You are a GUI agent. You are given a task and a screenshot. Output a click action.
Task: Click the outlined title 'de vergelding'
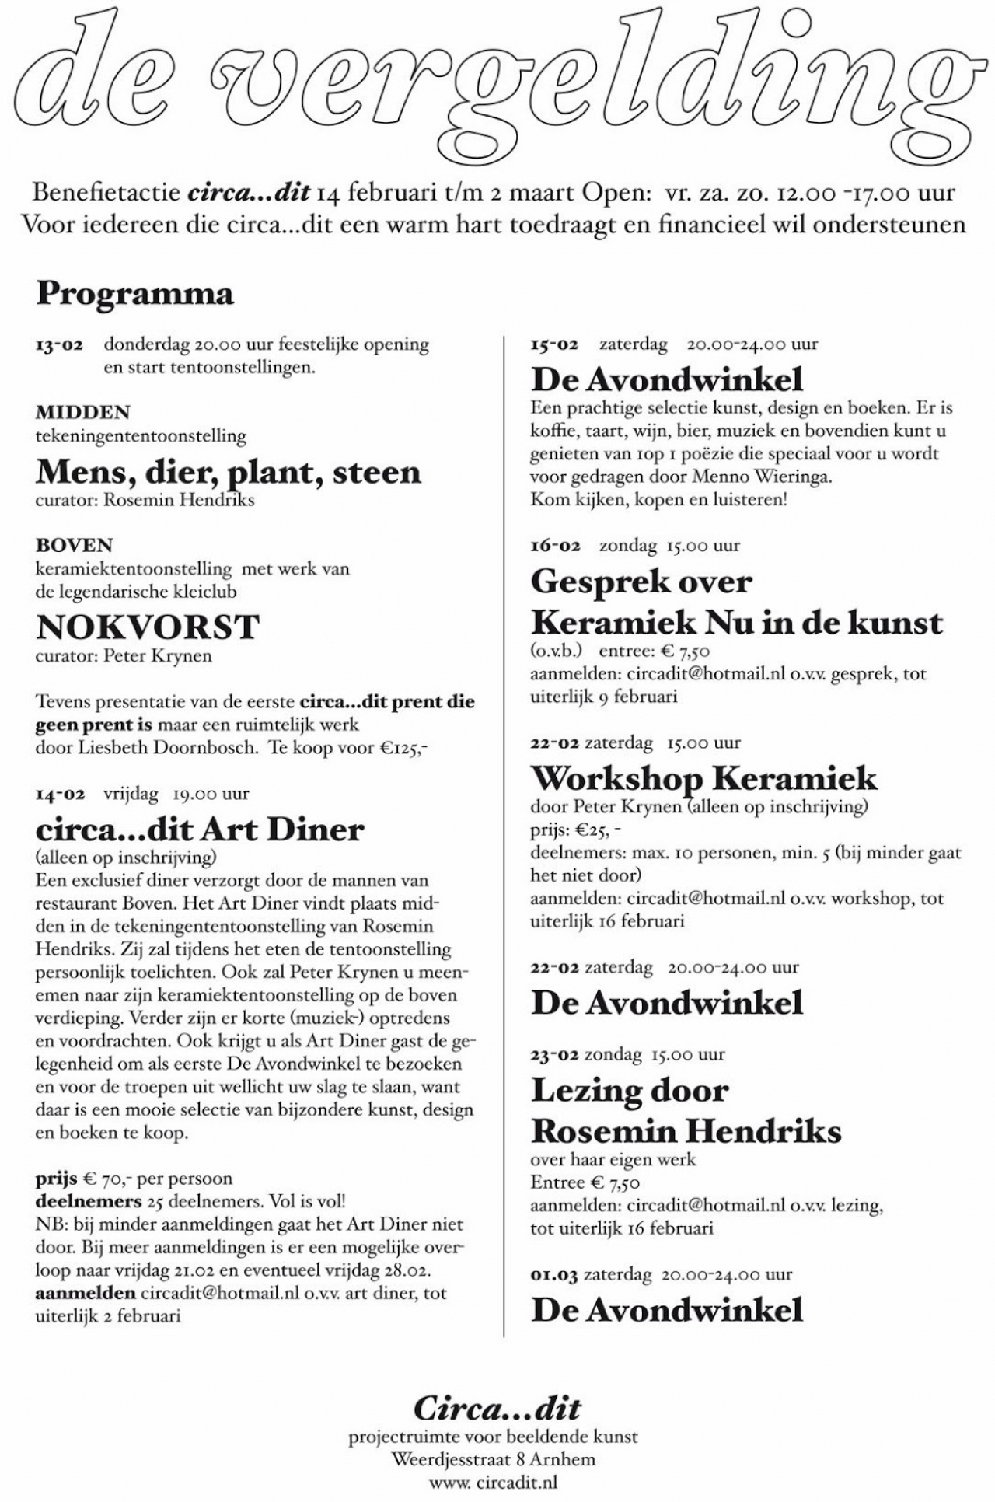click(x=497, y=82)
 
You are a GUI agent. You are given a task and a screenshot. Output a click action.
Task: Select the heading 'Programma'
click(x=134, y=294)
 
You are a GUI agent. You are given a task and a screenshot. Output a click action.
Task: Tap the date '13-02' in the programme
click(x=59, y=344)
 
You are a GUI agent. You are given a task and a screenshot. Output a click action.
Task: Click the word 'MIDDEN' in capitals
click(x=82, y=412)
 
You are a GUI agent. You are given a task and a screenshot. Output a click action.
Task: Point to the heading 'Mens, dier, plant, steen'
click(x=228, y=472)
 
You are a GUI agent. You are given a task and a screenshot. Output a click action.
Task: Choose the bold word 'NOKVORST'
click(x=147, y=627)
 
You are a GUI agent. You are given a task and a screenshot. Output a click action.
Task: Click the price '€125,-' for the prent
click(x=403, y=748)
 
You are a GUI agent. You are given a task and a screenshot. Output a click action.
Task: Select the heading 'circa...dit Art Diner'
click(x=200, y=830)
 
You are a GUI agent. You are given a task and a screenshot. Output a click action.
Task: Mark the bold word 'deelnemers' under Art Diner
click(x=88, y=1201)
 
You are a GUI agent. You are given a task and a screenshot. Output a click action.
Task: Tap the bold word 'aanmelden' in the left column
click(x=86, y=1294)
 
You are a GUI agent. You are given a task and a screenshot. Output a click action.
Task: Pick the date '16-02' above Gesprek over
click(x=555, y=546)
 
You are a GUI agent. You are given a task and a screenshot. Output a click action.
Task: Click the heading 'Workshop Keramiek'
click(x=703, y=778)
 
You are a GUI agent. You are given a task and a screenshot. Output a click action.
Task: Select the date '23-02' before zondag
click(x=554, y=1055)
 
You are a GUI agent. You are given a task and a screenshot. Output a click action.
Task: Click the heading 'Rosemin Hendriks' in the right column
click(x=686, y=1130)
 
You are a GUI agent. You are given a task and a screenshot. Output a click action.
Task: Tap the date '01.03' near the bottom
click(x=553, y=1275)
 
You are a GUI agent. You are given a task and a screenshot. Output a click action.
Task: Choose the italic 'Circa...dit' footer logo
click(x=497, y=1409)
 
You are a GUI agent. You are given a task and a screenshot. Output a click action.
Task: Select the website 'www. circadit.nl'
click(x=494, y=1483)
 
